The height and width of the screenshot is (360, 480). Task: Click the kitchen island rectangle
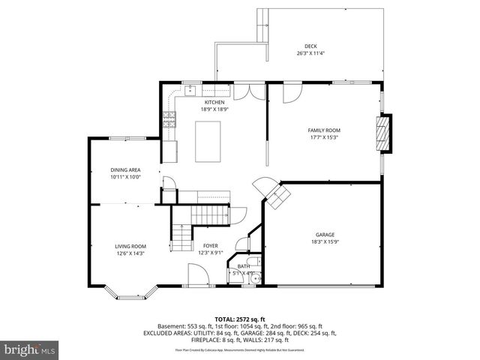tap(208, 141)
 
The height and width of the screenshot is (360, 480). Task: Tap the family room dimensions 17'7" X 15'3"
tap(324, 136)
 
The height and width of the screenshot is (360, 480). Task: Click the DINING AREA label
tap(125, 170)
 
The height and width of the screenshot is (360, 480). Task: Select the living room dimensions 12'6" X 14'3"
tap(130, 253)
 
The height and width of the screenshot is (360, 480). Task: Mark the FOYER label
tap(210, 246)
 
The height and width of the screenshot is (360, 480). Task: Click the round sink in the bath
tap(255, 278)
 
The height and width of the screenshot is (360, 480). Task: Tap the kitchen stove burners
tap(169, 118)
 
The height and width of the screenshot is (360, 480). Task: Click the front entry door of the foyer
tap(197, 278)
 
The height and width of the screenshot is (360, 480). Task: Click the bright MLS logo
tap(30, 349)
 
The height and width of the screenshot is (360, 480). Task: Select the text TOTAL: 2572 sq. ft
tap(239, 319)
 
